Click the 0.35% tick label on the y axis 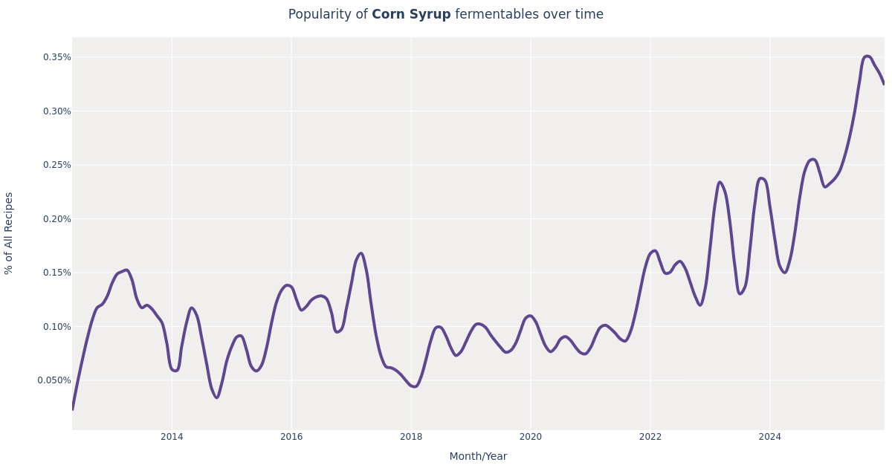click(x=56, y=57)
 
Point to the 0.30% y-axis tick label click(x=56, y=111)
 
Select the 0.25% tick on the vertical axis click(x=56, y=165)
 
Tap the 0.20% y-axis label click(x=56, y=219)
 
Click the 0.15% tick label click(x=56, y=273)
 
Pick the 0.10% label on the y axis click(x=56, y=327)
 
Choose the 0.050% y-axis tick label click(x=54, y=380)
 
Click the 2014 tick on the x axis click(x=172, y=437)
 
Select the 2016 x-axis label click(x=291, y=437)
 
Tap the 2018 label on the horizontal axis click(x=411, y=437)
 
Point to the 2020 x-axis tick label click(x=531, y=437)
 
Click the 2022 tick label click(x=650, y=437)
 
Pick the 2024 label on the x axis click(x=769, y=437)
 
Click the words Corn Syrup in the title click(x=411, y=15)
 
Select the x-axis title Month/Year click(x=478, y=457)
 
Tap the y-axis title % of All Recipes click(x=9, y=233)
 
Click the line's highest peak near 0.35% click(x=867, y=56)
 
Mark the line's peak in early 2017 click(x=361, y=253)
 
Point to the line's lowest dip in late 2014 click(x=216, y=397)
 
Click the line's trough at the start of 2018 click(x=414, y=386)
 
